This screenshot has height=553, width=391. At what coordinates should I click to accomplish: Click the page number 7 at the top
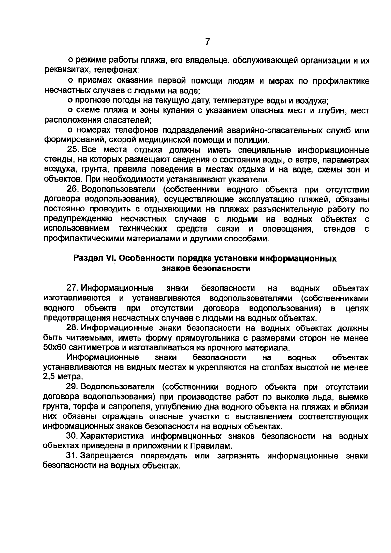[207, 42]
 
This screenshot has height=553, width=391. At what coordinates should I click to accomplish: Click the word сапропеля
[129, 407]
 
